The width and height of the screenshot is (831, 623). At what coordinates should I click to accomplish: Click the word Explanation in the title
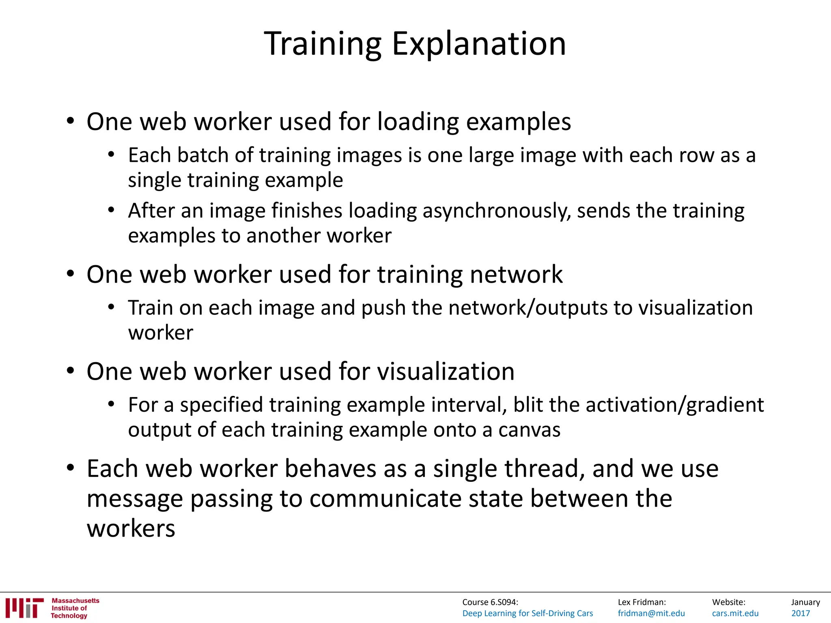[479, 44]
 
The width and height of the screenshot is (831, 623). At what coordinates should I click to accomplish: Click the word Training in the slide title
[323, 44]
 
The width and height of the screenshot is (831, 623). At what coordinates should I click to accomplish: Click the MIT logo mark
[24, 608]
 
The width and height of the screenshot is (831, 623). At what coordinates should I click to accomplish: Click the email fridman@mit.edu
[651, 613]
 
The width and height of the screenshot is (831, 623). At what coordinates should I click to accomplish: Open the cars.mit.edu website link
[735, 613]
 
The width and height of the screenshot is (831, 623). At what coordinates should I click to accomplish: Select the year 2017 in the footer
[801, 613]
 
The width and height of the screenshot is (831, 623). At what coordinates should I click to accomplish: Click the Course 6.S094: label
[490, 602]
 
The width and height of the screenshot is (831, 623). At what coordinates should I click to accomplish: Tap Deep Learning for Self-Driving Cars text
[527, 613]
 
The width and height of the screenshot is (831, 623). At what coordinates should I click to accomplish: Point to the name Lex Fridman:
[642, 602]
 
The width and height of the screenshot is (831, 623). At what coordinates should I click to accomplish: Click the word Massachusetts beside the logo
[75, 601]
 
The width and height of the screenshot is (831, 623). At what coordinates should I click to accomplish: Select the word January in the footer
[805, 602]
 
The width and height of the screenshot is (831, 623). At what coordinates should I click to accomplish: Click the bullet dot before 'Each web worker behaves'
[71, 468]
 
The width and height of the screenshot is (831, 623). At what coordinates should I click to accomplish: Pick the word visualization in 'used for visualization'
[446, 372]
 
